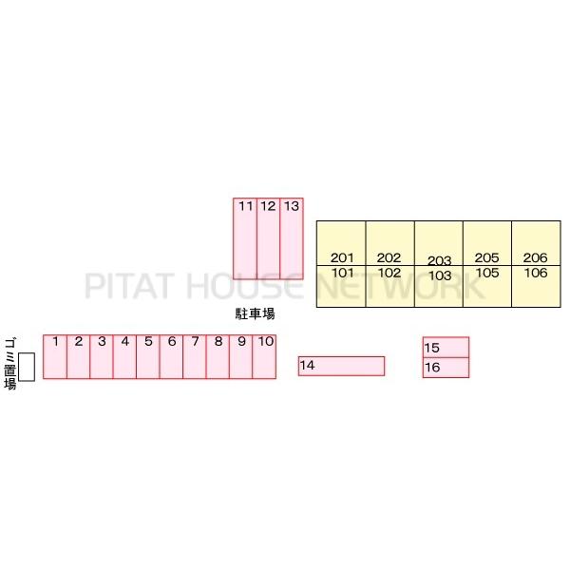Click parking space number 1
(x=55, y=356)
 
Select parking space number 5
(x=148, y=356)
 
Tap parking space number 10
(x=264, y=356)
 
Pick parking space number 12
(x=268, y=238)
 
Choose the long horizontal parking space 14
(x=341, y=366)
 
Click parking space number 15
(x=446, y=347)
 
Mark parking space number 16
(x=446, y=368)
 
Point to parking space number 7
(x=195, y=356)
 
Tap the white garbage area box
(x=27, y=367)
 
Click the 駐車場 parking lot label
(x=256, y=313)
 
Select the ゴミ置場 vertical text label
(x=10, y=364)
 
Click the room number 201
(x=342, y=257)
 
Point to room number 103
(x=440, y=275)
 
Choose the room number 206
(x=535, y=257)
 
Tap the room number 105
(x=487, y=273)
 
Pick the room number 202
(x=389, y=257)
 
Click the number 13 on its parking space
(x=292, y=206)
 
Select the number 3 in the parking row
(x=102, y=341)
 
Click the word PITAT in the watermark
(x=128, y=286)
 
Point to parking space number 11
(x=245, y=238)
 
